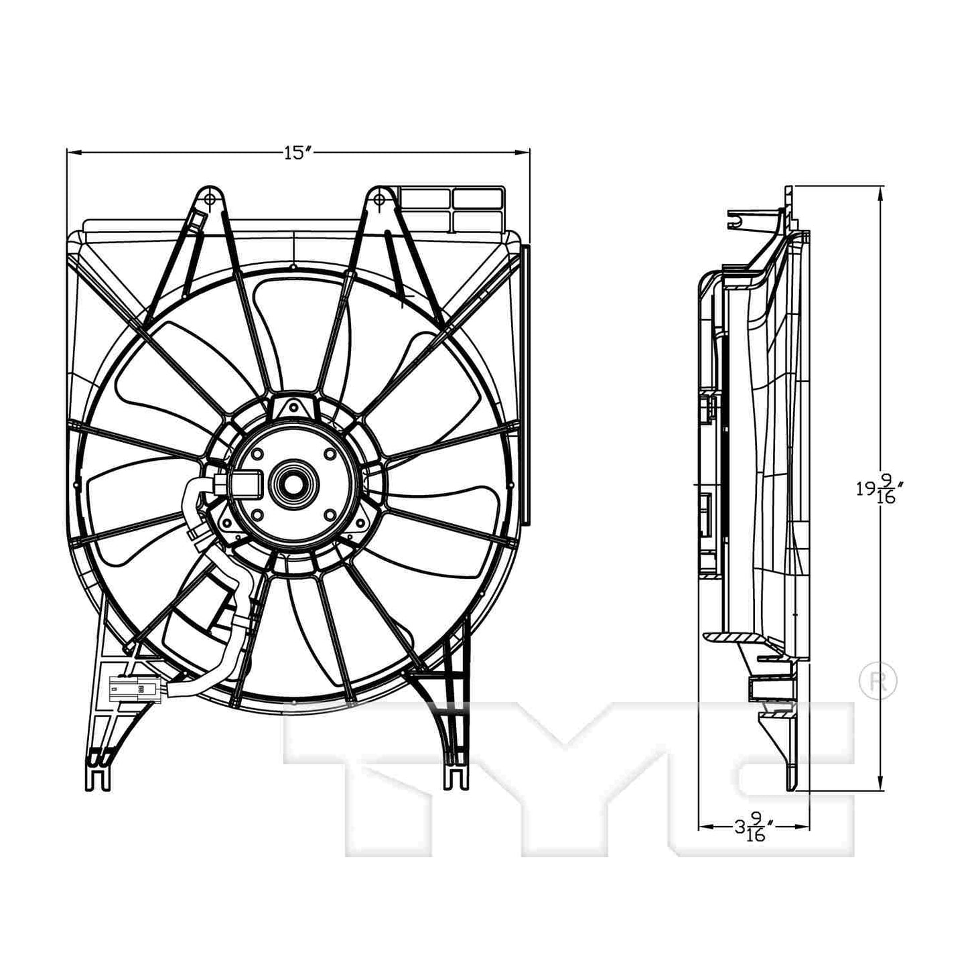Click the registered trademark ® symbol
coord(878,681)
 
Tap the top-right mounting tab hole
coord(379,199)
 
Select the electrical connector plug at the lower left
coord(134,688)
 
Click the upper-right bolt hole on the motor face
coord(329,454)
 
